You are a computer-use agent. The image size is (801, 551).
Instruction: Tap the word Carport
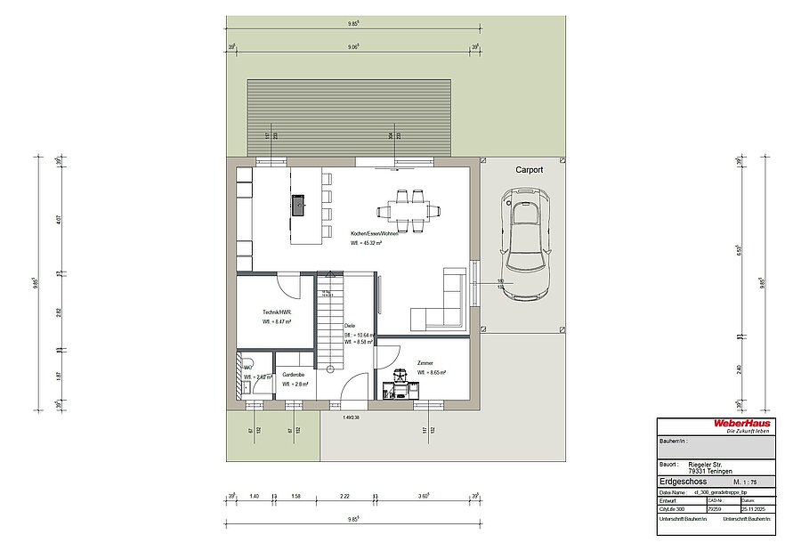pyautogui.click(x=530, y=169)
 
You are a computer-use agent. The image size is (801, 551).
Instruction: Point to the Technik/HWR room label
pyautogui.click(x=277, y=312)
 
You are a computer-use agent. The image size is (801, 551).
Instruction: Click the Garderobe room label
pyautogui.click(x=294, y=375)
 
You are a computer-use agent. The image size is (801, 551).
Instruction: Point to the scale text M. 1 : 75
pyautogui.click(x=746, y=481)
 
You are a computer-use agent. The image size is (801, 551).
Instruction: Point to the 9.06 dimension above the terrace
pyautogui.click(x=353, y=45)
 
